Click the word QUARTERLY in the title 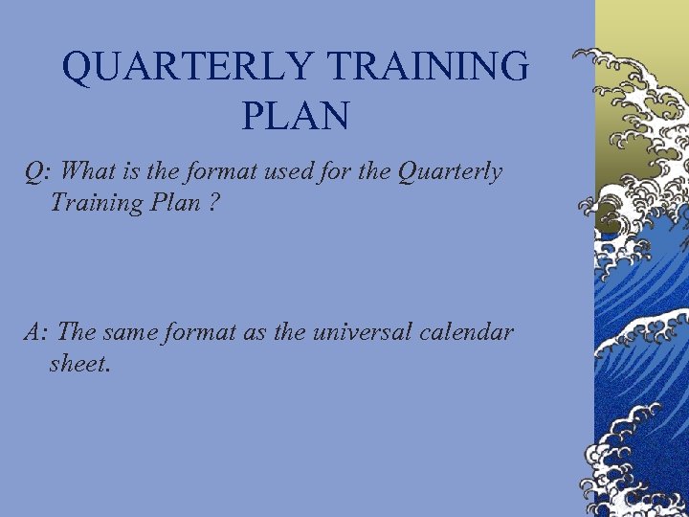pyautogui.click(x=188, y=67)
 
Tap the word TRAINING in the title pyautogui.click(x=428, y=67)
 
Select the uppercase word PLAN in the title pyautogui.click(x=296, y=116)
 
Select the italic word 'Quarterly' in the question pyautogui.click(x=449, y=173)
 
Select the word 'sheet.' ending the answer pyautogui.click(x=80, y=363)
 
